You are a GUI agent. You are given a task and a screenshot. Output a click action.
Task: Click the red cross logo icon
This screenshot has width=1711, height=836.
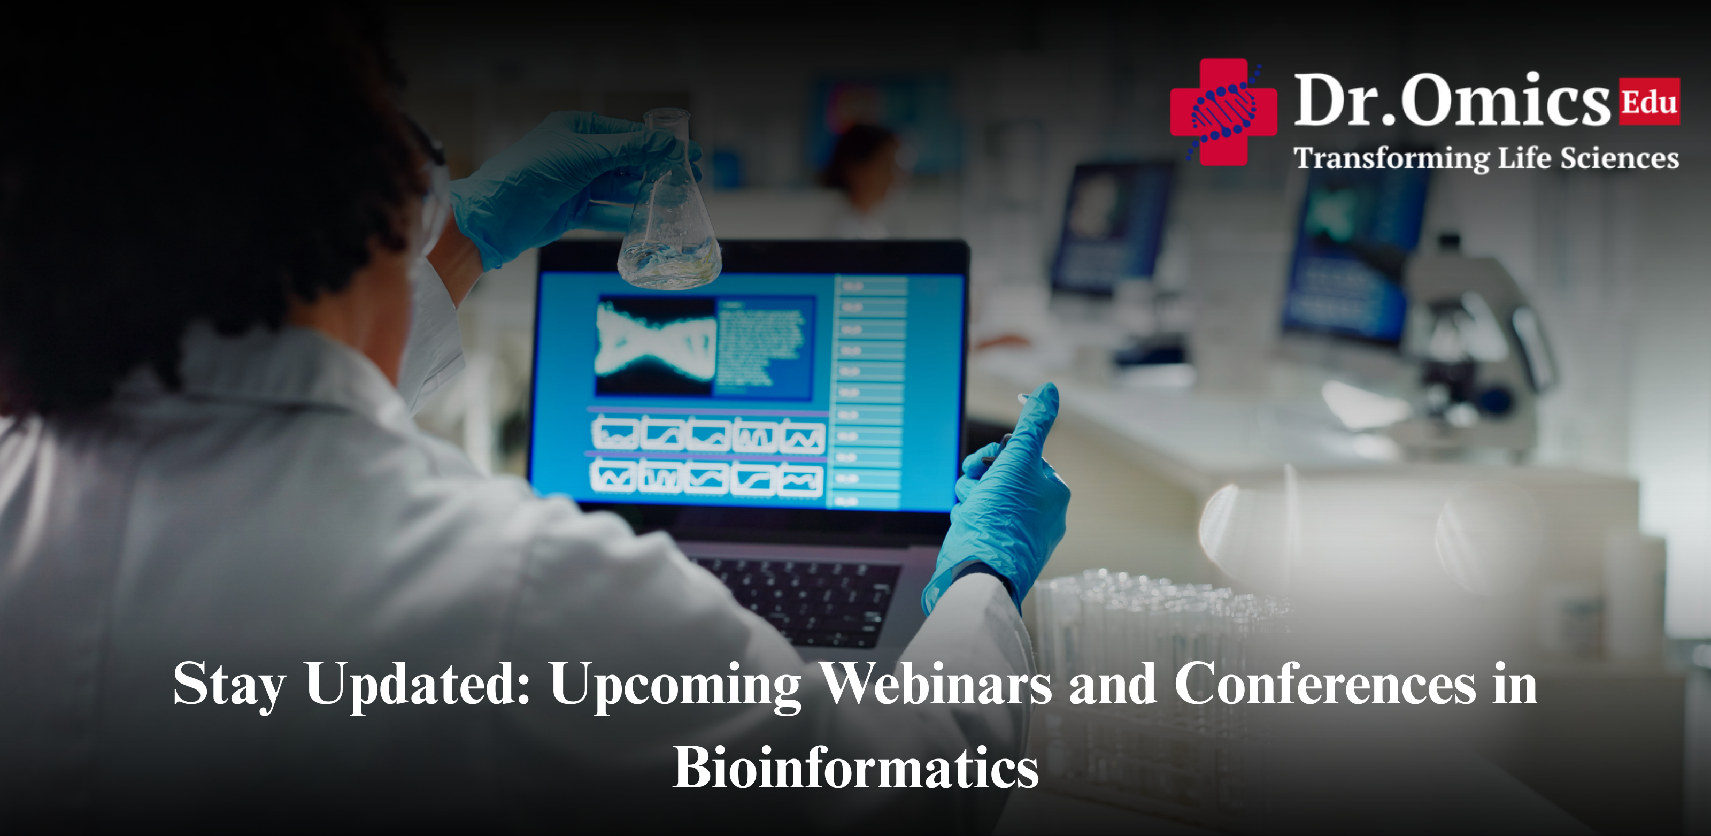[x=1223, y=112]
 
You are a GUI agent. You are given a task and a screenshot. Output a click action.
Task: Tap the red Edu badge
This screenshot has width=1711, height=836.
[x=1649, y=102]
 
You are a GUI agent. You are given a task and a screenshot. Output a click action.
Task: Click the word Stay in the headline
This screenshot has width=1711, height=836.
[x=229, y=685]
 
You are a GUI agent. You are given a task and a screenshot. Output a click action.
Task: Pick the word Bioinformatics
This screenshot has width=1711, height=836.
[x=855, y=768]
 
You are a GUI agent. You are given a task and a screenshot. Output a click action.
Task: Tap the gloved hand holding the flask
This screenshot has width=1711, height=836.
[x=565, y=179]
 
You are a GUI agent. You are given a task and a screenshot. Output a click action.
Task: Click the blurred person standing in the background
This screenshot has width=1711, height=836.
[x=860, y=179]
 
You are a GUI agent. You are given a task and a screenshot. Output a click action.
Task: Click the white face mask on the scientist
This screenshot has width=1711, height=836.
[x=431, y=332]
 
